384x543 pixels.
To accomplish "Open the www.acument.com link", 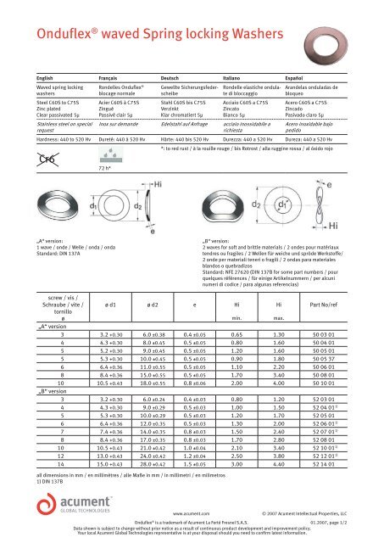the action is pyautogui.click(x=191, y=513).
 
